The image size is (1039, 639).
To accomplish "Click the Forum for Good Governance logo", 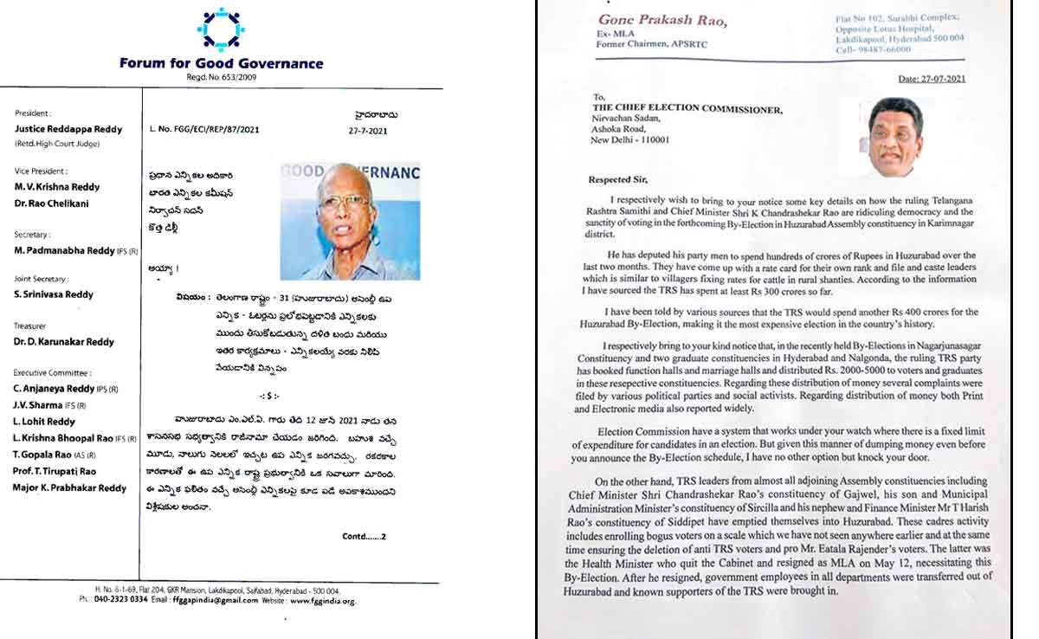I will pyautogui.click(x=221, y=29).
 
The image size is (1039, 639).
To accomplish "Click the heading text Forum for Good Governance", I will pyautogui.click(x=222, y=63).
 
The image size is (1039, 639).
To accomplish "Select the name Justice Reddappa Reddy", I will pyautogui.click(x=70, y=129).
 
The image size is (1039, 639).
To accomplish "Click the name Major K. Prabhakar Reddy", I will pyautogui.click(x=70, y=488).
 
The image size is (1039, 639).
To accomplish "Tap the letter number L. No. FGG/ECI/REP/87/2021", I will pyautogui.click(x=203, y=130).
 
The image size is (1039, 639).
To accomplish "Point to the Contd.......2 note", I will pyautogui.click(x=365, y=537).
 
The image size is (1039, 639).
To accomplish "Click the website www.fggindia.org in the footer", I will pyautogui.click(x=322, y=600).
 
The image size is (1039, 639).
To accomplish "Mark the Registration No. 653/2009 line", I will pyautogui.click(x=222, y=78).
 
